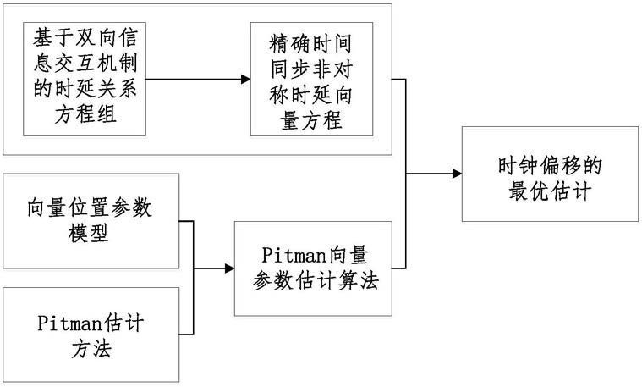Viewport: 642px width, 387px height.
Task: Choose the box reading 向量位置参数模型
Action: (x=92, y=221)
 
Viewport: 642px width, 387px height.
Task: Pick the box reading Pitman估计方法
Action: (x=92, y=334)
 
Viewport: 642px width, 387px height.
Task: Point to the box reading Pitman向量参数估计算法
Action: (x=313, y=268)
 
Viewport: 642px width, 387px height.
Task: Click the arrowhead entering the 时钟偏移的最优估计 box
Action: (x=457, y=174)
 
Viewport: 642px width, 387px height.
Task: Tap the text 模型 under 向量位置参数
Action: (x=92, y=234)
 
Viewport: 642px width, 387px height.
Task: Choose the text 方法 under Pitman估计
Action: (x=92, y=347)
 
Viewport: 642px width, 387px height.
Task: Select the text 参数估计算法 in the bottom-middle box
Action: (x=313, y=281)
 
